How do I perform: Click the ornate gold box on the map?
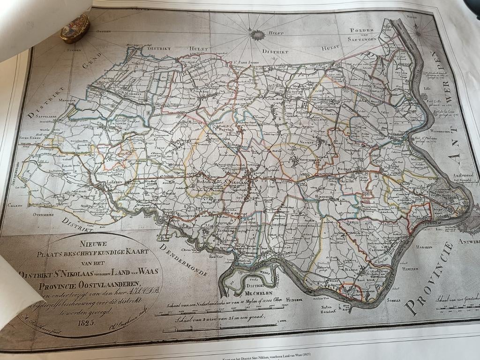pos(75,28)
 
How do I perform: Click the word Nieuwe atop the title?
pos(93,243)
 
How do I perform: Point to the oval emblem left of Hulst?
pos(257,34)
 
